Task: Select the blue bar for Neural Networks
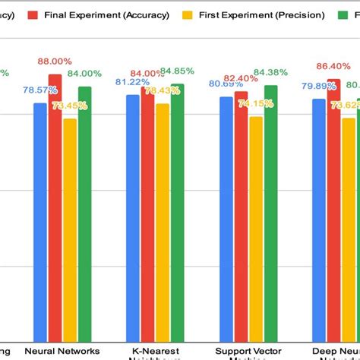[40, 220]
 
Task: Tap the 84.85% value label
[177, 72]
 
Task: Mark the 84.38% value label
[270, 73]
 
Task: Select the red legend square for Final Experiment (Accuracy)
[32, 14]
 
